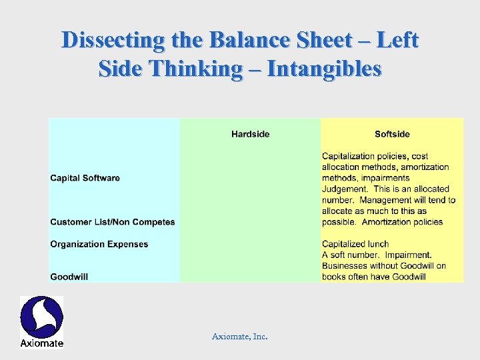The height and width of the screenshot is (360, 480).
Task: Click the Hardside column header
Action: pos(250,134)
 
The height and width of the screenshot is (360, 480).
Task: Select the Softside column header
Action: pos(392,134)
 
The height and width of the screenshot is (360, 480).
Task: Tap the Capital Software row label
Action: pos(85,178)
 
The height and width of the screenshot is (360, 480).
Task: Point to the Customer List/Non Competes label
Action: pos(113,222)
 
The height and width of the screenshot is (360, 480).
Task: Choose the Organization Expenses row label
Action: pos(99,244)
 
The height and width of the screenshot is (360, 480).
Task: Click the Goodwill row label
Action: pos(69,277)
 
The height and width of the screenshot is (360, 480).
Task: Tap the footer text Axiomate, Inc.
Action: pos(239,337)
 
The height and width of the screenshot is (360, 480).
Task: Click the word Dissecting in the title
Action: pos(112,41)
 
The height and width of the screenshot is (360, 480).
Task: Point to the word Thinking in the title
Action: pos(204,69)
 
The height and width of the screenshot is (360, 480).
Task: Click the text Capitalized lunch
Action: pos(355,244)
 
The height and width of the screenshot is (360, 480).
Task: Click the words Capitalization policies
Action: pos(364,157)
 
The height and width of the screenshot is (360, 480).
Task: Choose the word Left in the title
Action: pos(397,41)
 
